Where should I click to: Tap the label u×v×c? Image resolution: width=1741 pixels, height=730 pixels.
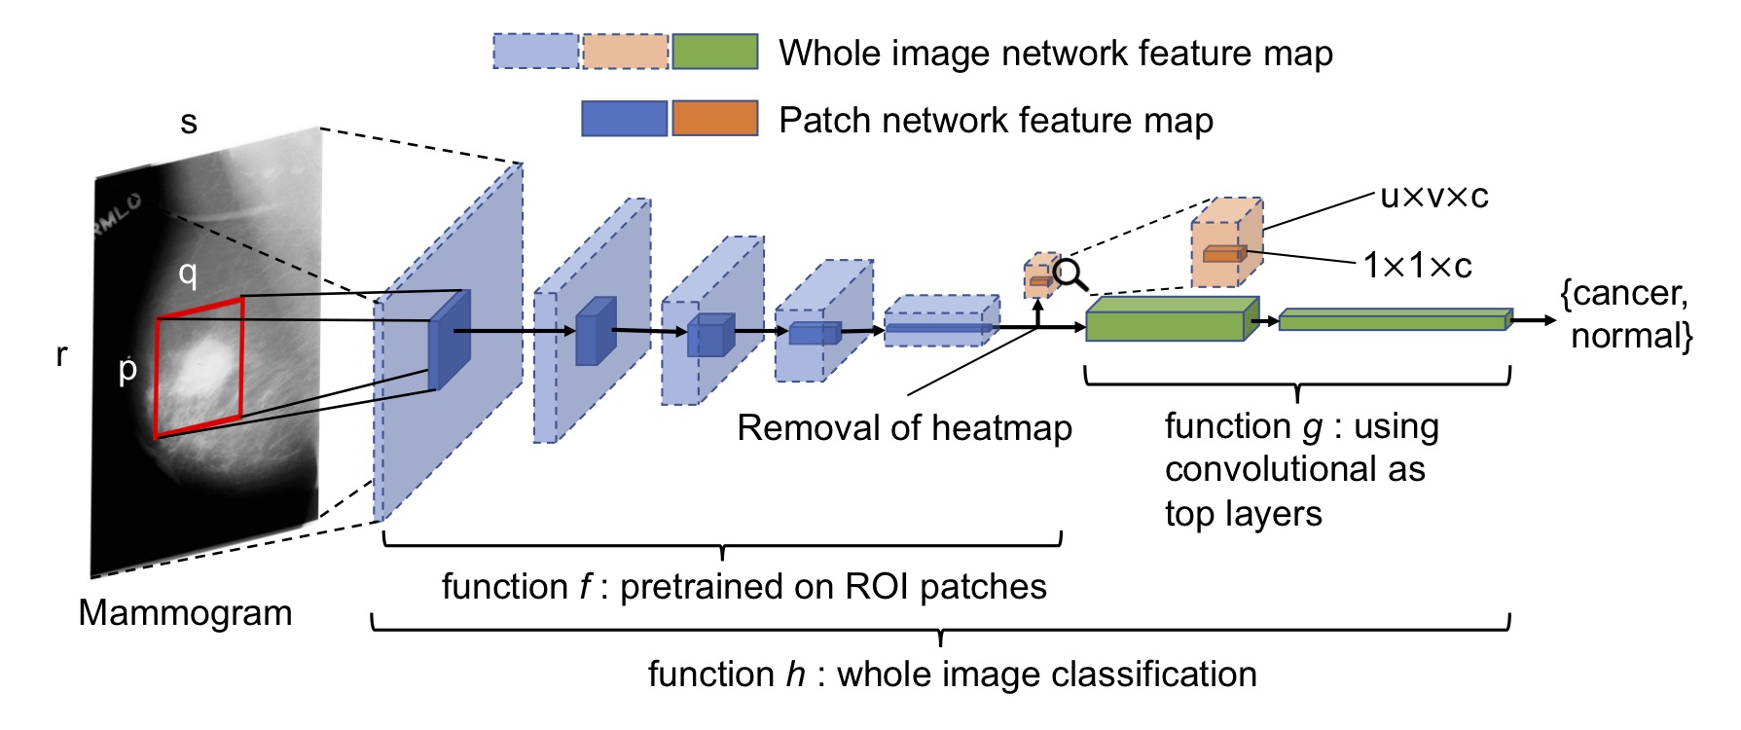coord(1434,197)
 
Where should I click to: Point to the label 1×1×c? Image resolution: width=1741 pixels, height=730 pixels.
coord(1417,265)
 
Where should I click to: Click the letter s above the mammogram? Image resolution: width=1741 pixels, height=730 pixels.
coord(189,123)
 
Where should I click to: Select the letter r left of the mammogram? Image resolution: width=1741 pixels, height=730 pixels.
coord(61,354)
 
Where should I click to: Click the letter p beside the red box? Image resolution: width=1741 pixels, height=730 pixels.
coord(127,370)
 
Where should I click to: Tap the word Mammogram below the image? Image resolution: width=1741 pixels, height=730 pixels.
coord(185,612)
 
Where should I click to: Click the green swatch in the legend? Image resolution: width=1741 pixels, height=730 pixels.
coord(714,52)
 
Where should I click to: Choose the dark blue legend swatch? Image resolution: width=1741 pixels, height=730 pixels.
coord(624,119)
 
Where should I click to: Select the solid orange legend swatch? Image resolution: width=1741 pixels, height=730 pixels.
coord(714,119)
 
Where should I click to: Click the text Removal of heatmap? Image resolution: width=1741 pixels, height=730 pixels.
coord(904,427)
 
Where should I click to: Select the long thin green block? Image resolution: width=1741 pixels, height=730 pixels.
coord(1394,320)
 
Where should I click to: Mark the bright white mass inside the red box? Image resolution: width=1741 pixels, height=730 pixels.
coord(207,361)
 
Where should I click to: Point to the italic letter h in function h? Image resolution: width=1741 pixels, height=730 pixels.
coord(795,674)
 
